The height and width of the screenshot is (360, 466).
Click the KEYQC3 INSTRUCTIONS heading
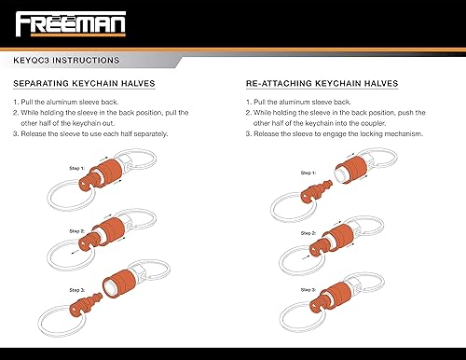pyautogui.click(x=65, y=61)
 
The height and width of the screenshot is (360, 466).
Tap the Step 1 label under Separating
pyautogui.click(x=75, y=168)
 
